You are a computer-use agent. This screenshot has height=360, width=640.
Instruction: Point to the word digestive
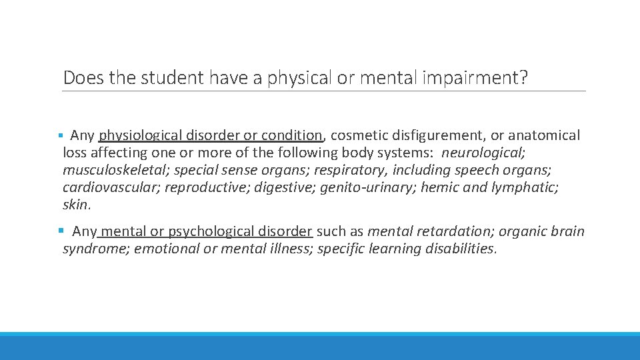tap(285, 187)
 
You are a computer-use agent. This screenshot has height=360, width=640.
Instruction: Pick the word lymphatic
tap(524, 187)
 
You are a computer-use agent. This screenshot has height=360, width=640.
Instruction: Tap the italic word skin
tap(75, 205)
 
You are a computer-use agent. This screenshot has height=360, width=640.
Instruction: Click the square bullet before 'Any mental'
tap(61, 231)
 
